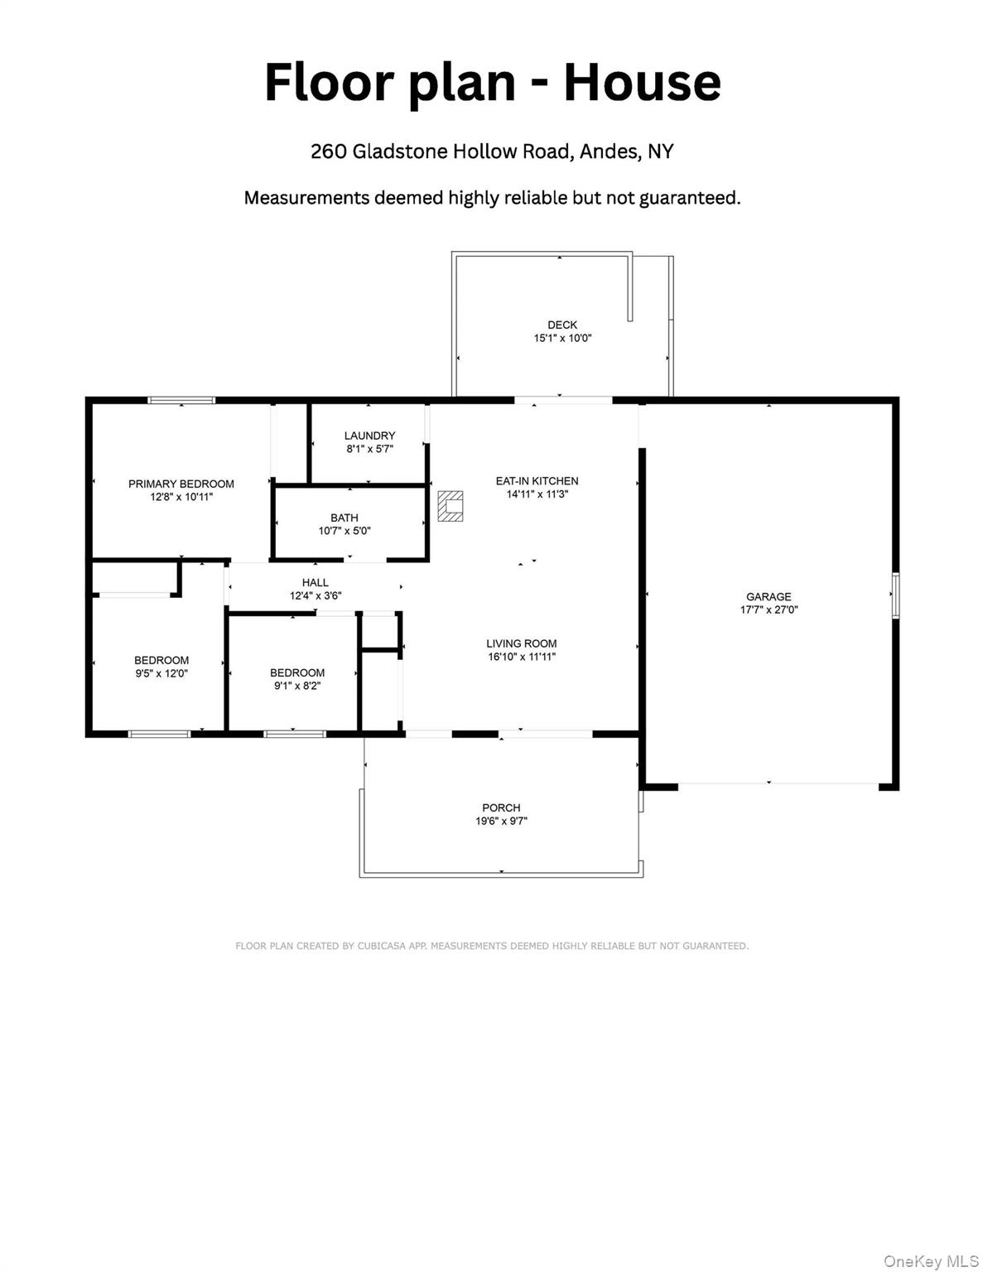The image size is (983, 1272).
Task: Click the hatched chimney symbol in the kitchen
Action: click(x=450, y=506)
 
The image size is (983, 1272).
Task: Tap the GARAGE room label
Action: click(x=769, y=596)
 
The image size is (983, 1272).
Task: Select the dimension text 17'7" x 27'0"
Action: click(x=769, y=610)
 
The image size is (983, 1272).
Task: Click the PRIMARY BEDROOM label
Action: click(x=181, y=484)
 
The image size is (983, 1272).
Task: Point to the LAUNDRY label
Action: click(x=369, y=436)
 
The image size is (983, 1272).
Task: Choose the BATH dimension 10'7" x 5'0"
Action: click(x=345, y=532)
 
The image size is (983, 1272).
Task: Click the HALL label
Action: click(x=315, y=582)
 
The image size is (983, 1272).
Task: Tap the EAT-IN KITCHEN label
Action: click(x=537, y=480)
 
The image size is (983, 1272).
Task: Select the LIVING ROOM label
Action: click(x=521, y=643)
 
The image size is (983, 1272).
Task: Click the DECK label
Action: click(x=562, y=325)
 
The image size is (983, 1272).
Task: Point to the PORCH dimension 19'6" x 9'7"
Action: click(x=501, y=821)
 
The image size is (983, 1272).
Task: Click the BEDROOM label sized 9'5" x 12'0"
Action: click(x=161, y=660)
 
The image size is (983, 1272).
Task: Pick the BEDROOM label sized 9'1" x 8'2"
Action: click(x=296, y=672)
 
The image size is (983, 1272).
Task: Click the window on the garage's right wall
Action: click(x=895, y=595)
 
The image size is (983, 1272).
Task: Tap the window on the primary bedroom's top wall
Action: click(x=181, y=401)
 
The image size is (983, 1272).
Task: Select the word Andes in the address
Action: click(x=610, y=152)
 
